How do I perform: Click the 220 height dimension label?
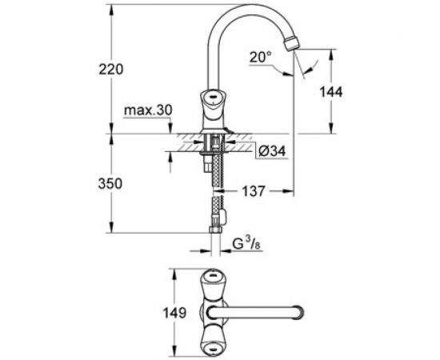tap(112, 70)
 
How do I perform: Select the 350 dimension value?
tap(112, 184)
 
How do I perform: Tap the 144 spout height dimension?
tap(330, 92)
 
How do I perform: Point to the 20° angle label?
tap(262, 58)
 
